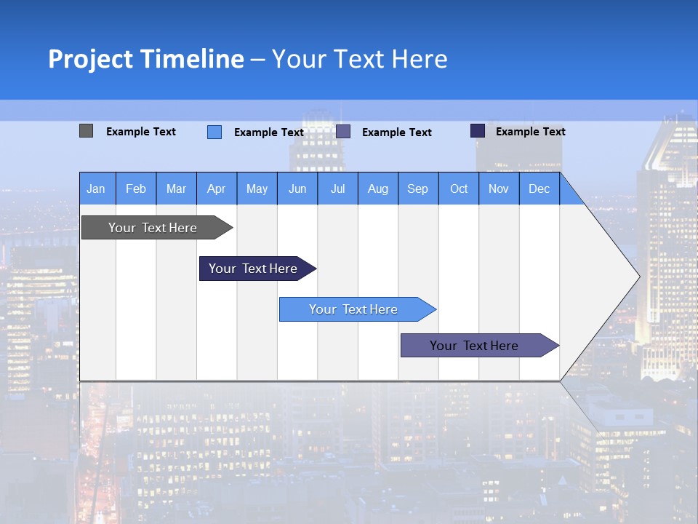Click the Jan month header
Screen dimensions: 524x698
click(x=97, y=188)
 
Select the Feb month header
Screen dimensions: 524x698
click(x=136, y=188)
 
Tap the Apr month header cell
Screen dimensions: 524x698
click(x=217, y=188)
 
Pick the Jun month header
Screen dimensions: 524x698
click(x=297, y=188)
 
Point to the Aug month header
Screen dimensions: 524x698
click(x=378, y=188)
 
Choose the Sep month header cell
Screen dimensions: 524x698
click(x=418, y=188)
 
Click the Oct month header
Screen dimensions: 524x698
click(x=459, y=188)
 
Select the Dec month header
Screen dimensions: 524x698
click(x=539, y=188)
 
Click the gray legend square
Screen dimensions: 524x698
click(x=86, y=131)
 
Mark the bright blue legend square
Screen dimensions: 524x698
click(x=214, y=132)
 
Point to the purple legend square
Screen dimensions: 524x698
click(x=343, y=132)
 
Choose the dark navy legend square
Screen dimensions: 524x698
click(x=478, y=131)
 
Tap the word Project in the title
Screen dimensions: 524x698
click(x=90, y=59)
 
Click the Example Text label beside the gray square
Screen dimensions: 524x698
click(x=141, y=132)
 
